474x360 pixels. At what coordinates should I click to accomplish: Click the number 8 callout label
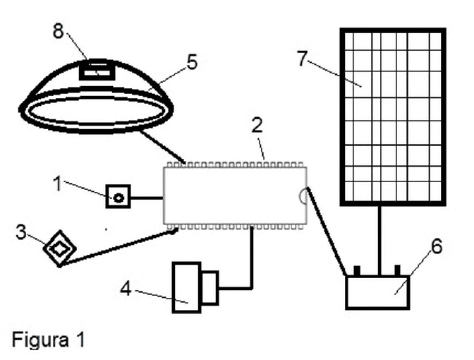tap(59, 30)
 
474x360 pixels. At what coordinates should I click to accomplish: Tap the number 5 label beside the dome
tap(193, 62)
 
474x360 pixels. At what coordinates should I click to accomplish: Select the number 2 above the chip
tap(257, 125)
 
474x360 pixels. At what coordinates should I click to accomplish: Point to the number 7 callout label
tap(303, 59)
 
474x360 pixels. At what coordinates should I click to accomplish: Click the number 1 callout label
tap(57, 184)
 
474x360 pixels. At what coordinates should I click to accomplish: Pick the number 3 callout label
tap(21, 233)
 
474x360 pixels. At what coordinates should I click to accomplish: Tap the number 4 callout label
tap(126, 288)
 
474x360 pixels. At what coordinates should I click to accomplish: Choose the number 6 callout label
tap(437, 246)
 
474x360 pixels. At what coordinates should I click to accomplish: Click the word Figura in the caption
tap(40, 340)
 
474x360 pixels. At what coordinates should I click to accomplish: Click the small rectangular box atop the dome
tap(97, 70)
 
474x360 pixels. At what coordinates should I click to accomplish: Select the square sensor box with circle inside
tap(119, 197)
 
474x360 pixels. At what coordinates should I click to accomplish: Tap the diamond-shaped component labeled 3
tap(59, 248)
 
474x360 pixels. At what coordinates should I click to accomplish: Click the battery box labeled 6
tap(378, 292)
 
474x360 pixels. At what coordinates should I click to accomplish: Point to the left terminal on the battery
tap(357, 270)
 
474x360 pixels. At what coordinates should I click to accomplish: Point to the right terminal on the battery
tap(398, 270)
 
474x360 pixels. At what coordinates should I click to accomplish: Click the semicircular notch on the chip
tap(303, 196)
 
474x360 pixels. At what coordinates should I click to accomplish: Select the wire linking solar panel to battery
tap(379, 241)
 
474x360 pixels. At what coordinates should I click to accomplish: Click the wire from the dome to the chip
tap(162, 146)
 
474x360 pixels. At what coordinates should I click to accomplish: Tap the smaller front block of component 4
tap(209, 288)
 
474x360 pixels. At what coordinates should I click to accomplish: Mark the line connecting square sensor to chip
tap(147, 198)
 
